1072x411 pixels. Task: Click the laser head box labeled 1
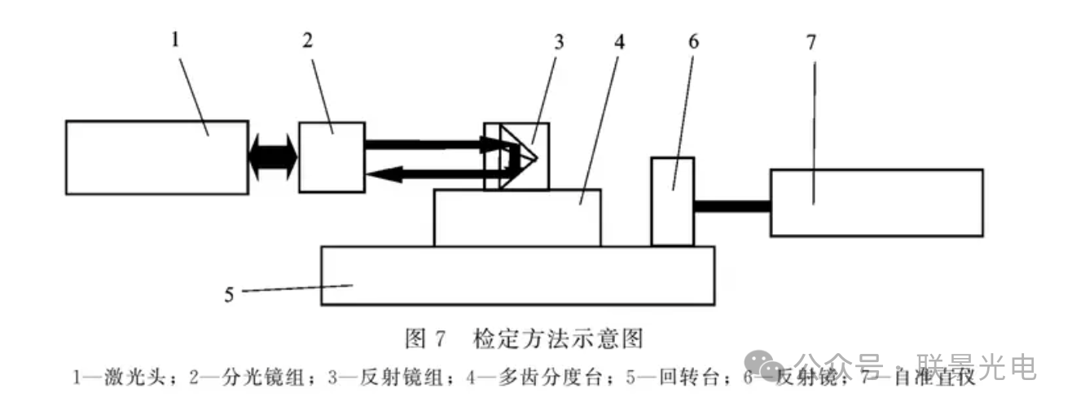(156, 157)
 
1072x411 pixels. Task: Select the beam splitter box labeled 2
(332, 157)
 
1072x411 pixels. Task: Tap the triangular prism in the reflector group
(521, 156)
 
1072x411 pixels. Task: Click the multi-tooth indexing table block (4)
(517, 218)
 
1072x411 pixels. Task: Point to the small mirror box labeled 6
(672, 201)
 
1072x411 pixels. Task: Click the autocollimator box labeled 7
(876, 202)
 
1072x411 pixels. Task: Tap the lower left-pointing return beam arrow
(432, 173)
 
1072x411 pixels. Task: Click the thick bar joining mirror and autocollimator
(732, 206)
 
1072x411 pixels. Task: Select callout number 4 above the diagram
(619, 42)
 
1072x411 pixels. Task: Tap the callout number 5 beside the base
(229, 294)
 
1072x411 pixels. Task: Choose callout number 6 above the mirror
(693, 42)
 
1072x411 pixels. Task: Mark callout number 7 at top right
(811, 42)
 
